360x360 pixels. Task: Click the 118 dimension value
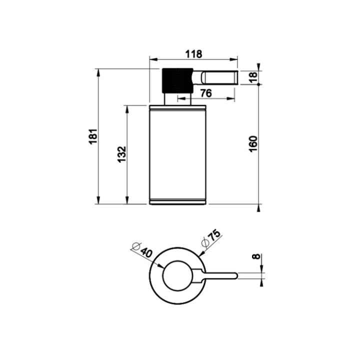(x=193, y=54)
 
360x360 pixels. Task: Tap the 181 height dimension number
(x=93, y=136)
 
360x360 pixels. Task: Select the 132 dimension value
(x=122, y=154)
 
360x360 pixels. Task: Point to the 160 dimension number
(x=253, y=144)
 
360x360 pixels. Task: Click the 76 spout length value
(x=206, y=93)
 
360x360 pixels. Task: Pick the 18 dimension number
(x=252, y=78)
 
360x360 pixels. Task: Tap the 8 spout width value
(x=256, y=256)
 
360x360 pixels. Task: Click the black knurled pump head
(x=177, y=80)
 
